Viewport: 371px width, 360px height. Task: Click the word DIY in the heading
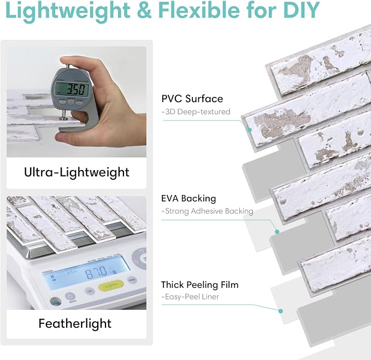click(x=302, y=10)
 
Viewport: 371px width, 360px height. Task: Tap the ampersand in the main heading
click(x=144, y=10)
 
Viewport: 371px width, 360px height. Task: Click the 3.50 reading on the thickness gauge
click(x=75, y=90)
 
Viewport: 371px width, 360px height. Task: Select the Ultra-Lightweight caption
click(x=76, y=172)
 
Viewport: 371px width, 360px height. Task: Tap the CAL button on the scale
click(x=90, y=291)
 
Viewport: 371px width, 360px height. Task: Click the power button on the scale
click(x=70, y=297)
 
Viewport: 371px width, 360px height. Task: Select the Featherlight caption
click(x=75, y=323)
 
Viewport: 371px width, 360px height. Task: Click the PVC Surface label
click(x=192, y=99)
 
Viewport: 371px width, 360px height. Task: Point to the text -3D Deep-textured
click(x=196, y=111)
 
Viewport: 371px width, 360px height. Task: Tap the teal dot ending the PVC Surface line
click(x=249, y=130)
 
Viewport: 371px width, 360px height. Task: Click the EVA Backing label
click(x=189, y=198)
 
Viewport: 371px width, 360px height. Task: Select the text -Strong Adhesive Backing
click(x=207, y=211)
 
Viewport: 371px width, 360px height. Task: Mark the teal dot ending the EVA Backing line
click(x=277, y=232)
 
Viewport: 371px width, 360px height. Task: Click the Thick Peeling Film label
click(x=199, y=285)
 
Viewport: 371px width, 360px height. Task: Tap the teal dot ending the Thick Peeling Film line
click(x=281, y=311)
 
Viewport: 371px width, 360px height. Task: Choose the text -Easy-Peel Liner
click(x=190, y=297)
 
